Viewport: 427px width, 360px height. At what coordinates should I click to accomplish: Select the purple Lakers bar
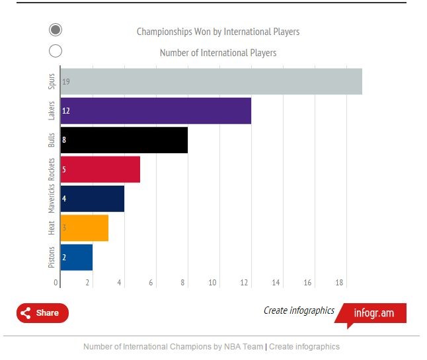(x=156, y=110)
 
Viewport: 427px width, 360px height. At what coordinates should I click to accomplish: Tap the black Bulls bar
(x=124, y=140)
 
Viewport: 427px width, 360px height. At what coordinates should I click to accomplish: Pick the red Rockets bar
(x=100, y=169)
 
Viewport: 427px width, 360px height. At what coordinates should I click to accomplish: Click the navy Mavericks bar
(x=93, y=199)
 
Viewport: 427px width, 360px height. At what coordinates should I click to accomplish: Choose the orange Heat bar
(x=85, y=228)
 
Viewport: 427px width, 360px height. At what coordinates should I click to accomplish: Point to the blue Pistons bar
(x=77, y=258)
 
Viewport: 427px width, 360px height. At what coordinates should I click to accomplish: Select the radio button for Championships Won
(x=56, y=30)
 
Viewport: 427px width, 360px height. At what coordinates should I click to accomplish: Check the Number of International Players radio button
(x=56, y=51)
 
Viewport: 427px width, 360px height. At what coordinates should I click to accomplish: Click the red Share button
(x=42, y=313)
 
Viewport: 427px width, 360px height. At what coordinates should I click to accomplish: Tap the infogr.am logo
(x=373, y=313)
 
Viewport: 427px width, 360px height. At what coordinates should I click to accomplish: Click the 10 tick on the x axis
(x=213, y=283)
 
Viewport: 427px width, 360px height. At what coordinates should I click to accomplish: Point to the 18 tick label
(x=339, y=283)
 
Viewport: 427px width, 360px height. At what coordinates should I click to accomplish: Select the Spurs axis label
(x=52, y=81)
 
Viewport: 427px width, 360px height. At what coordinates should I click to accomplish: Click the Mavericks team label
(x=52, y=199)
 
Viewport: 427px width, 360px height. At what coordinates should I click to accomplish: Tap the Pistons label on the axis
(x=52, y=258)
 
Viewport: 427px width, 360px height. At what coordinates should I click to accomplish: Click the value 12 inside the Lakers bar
(x=66, y=111)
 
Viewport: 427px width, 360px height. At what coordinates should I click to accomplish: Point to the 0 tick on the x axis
(x=56, y=283)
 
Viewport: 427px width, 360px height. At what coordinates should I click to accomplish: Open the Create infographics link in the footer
(x=304, y=347)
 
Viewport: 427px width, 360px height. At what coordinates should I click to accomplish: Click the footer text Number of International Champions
(x=173, y=347)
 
